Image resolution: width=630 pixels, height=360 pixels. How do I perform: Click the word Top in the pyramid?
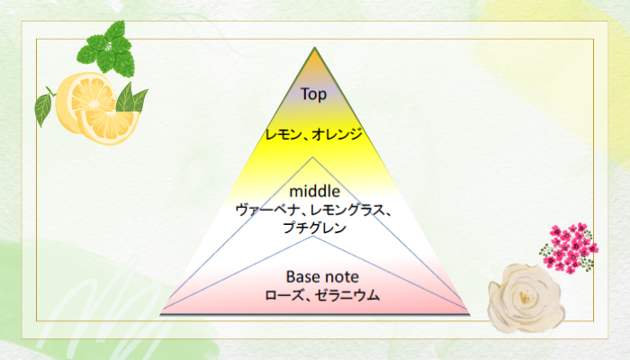313,94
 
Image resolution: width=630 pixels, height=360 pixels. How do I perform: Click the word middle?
315,191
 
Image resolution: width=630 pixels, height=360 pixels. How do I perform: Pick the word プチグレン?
315,228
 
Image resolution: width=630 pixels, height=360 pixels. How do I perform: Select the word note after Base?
341,277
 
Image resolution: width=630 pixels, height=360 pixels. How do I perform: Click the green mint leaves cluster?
106,50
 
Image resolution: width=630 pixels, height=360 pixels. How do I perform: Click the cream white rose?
526,298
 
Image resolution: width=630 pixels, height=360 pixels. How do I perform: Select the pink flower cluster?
569,248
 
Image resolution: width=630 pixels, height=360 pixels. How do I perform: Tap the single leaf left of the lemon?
43,109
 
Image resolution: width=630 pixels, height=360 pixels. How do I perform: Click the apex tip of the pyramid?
315,48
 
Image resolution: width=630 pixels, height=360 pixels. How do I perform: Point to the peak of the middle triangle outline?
312,157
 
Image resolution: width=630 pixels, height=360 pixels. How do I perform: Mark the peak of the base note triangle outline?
312,236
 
